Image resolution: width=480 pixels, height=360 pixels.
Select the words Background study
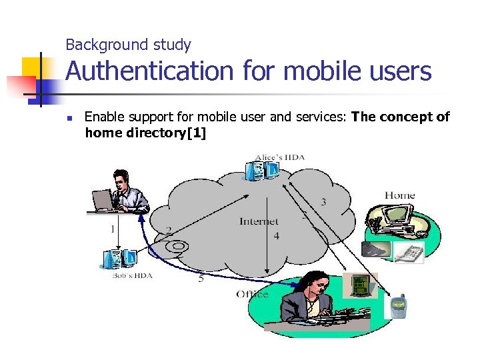click(128, 45)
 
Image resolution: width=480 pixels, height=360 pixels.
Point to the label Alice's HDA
click(280, 157)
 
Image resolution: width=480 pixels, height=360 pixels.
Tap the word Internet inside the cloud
click(259, 221)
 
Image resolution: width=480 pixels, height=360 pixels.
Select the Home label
click(399, 195)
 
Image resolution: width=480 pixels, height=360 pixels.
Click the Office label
click(252, 294)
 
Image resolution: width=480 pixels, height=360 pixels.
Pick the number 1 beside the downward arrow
click(112, 229)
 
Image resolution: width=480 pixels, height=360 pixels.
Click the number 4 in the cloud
click(276, 237)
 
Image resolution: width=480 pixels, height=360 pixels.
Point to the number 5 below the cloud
click(201, 279)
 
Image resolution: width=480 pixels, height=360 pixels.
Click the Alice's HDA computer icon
click(262, 171)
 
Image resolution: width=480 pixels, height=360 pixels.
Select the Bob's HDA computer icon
click(119, 259)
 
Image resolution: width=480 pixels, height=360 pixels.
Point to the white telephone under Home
click(407, 253)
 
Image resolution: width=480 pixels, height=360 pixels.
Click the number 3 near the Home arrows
click(323, 202)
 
